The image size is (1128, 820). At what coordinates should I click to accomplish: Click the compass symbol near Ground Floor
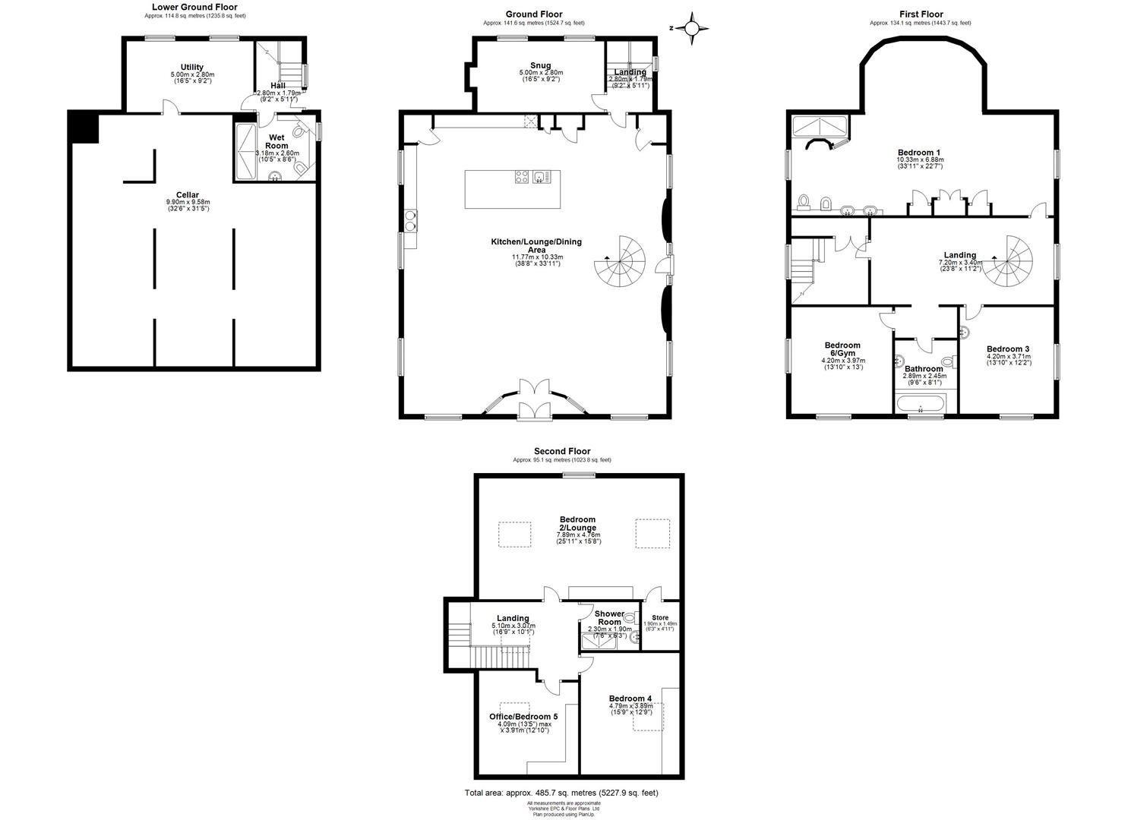point(692,29)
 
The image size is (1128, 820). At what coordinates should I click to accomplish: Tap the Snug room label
point(540,65)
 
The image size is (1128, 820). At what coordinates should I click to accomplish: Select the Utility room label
point(191,68)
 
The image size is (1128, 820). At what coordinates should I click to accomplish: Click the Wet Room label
point(276,142)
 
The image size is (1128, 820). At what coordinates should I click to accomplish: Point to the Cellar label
point(187,195)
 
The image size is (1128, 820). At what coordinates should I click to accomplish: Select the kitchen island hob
point(523,178)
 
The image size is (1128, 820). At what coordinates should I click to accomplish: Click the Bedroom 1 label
point(919,153)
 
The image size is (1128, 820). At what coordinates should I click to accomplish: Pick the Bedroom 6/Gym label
point(842,349)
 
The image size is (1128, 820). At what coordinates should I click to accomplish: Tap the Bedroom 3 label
point(1007,349)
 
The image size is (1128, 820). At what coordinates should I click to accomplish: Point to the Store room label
point(660,617)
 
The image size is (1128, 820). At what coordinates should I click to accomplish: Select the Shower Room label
point(609,617)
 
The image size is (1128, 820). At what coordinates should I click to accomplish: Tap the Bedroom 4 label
point(630,699)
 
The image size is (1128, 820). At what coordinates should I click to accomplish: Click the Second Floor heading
point(561,451)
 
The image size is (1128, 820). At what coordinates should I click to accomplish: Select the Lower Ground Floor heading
point(194,7)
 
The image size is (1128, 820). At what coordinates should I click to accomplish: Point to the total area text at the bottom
point(561,793)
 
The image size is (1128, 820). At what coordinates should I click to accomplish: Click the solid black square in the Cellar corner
point(84,127)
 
